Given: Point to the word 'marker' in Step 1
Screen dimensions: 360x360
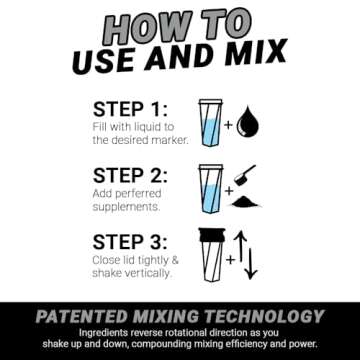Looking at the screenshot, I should tap(165, 140).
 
